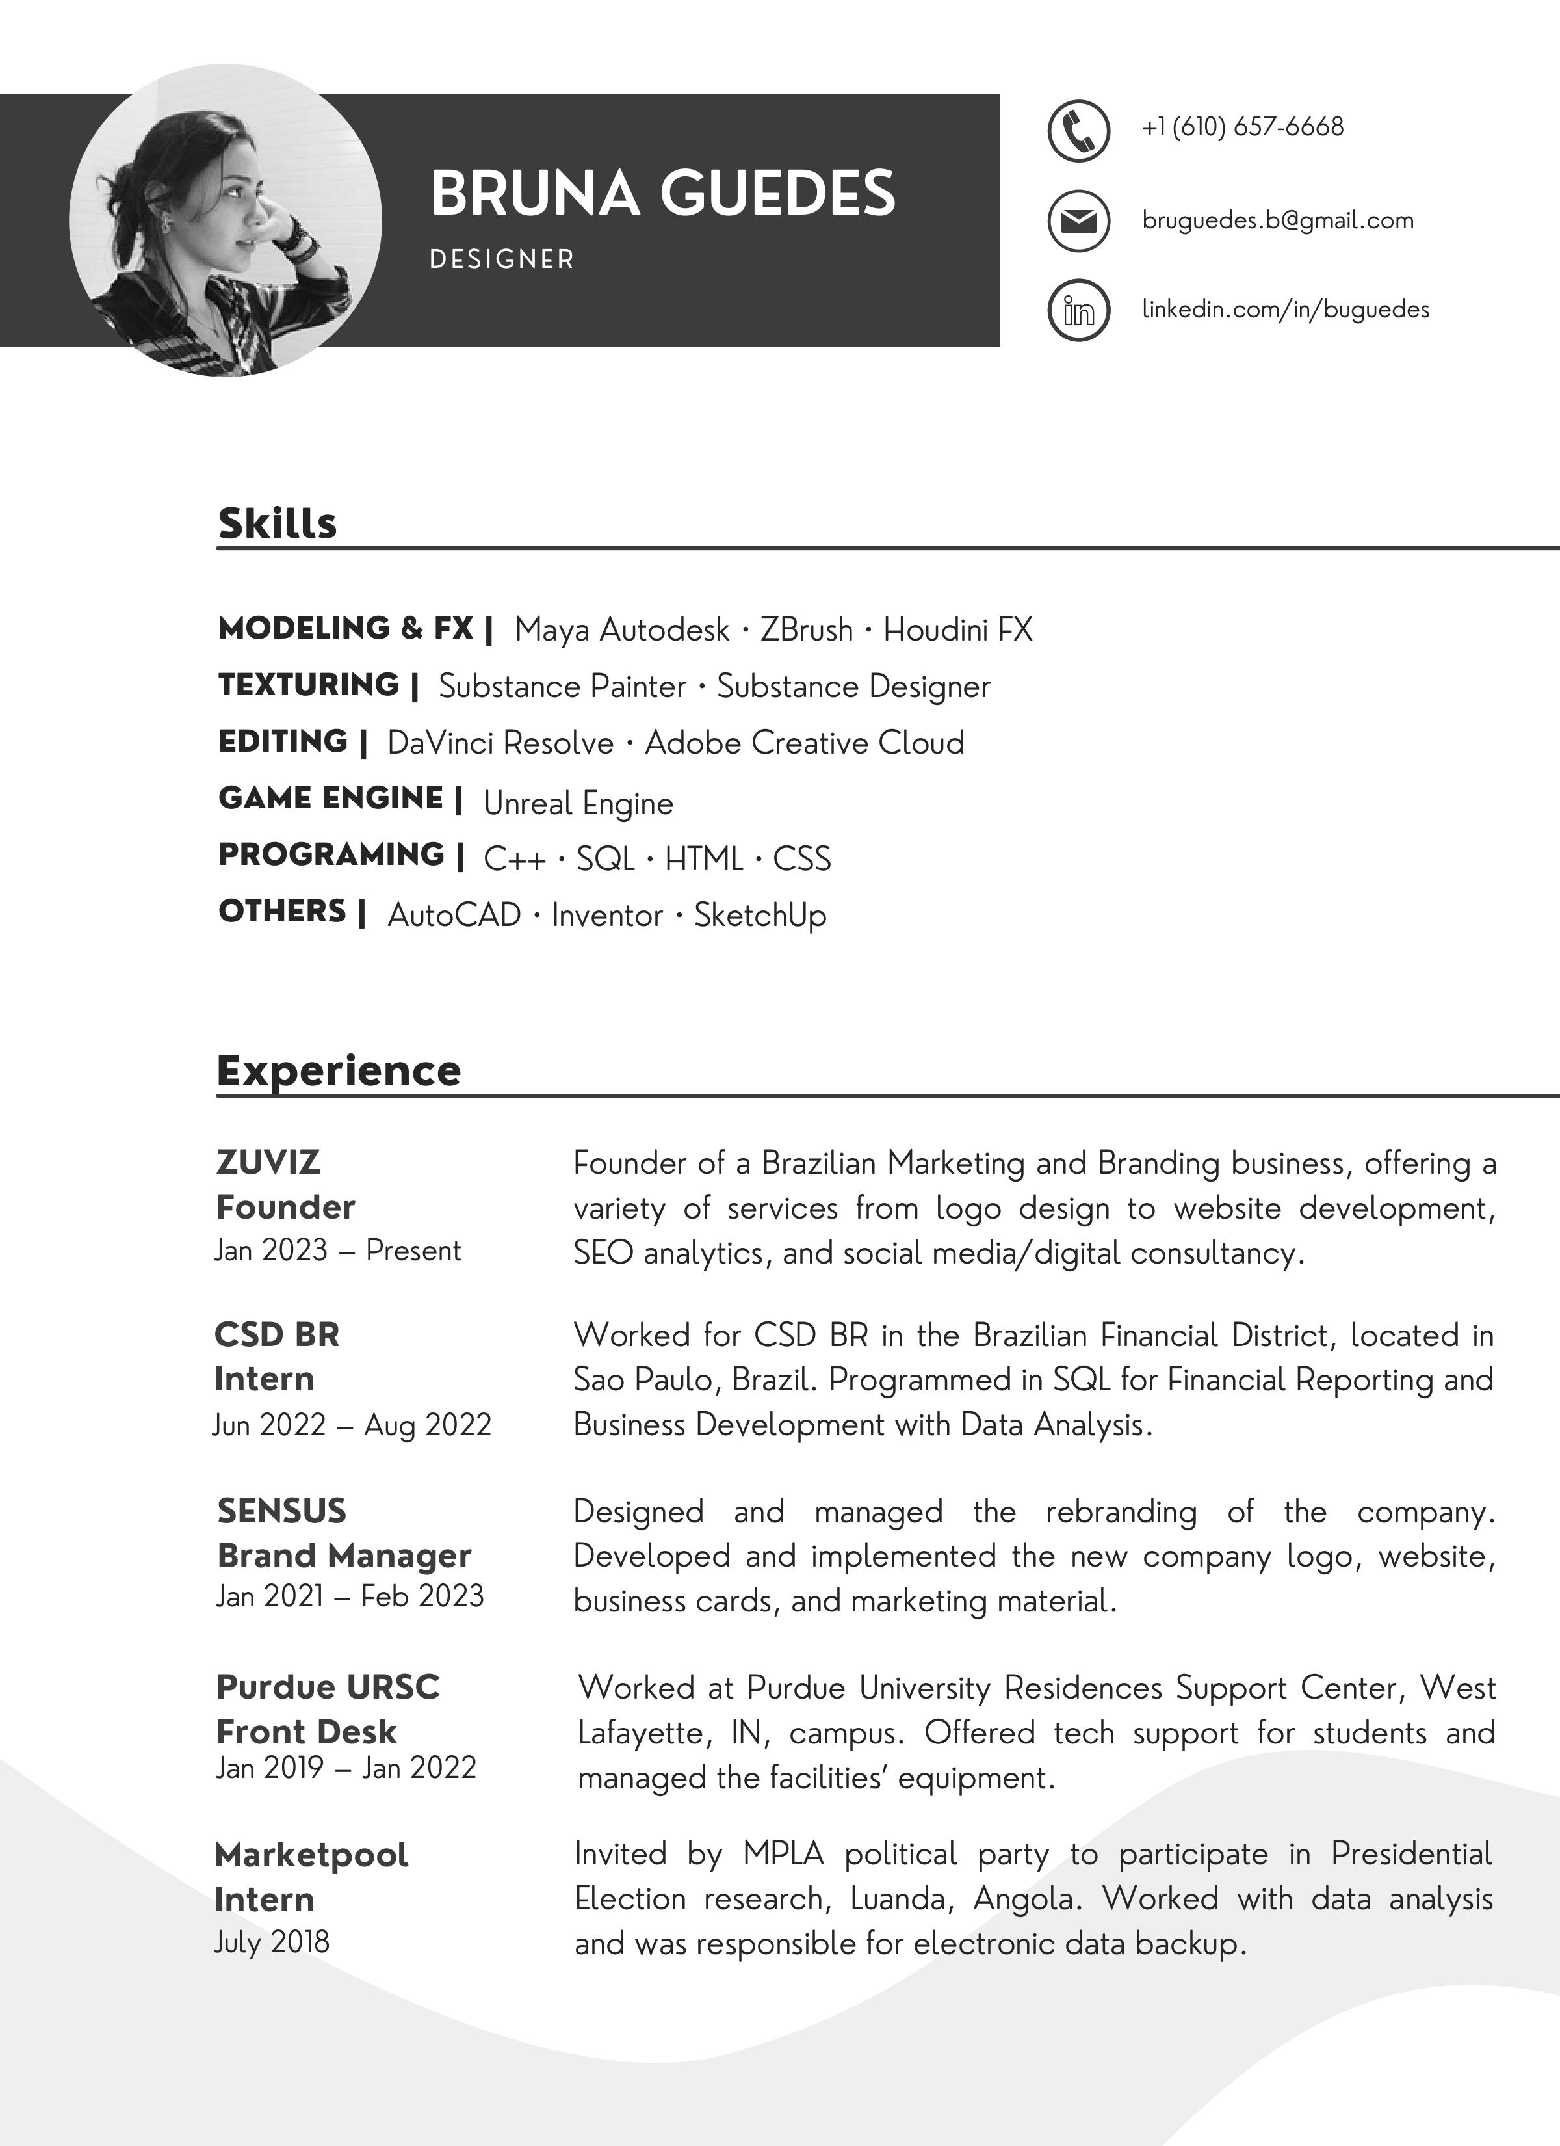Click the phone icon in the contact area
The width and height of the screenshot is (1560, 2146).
click(x=1078, y=131)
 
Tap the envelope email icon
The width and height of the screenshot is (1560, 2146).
click(x=1078, y=221)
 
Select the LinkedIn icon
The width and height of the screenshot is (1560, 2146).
click(x=1078, y=310)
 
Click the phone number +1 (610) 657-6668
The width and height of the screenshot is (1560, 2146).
click(x=1242, y=127)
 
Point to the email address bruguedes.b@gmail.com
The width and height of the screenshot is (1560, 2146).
click(x=1277, y=220)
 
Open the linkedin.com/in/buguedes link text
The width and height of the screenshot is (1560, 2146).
click(x=1284, y=310)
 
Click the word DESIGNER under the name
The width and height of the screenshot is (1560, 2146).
click(x=501, y=259)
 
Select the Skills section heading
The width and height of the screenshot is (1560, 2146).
click(x=277, y=523)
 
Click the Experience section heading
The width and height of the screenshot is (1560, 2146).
click(x=339, y=1071)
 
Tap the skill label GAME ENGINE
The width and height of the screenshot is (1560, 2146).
click(x=330, y=799)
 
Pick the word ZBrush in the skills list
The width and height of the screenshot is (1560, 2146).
click(x=806, y=630)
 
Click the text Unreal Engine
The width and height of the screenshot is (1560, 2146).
click(x=578, y=803)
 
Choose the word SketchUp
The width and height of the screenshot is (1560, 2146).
click(x=760, y=915)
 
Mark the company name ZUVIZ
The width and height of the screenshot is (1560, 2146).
click(x=268, y=1162)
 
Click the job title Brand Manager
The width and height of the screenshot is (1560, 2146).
click(x=343, y=1556)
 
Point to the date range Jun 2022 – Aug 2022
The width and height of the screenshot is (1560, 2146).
click(x=352, y=1425)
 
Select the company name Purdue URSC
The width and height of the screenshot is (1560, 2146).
click(x=328, y=1687)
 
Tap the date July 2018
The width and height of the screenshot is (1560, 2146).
click(x=272, y=1942)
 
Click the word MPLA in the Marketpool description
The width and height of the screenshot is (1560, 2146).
click(x=783, y=1853)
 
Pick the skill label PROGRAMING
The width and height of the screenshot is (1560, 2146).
click(x=331, y=854)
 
